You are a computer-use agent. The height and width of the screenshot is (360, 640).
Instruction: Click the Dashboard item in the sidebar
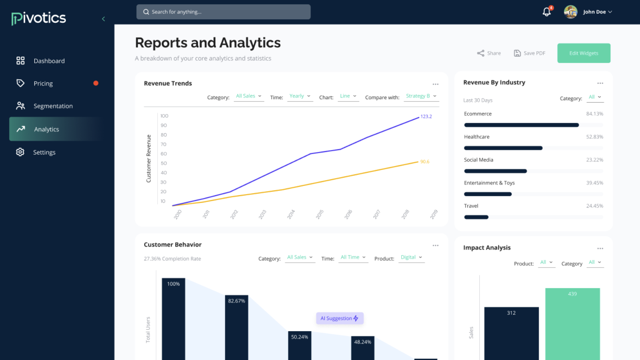[x=49, y=61]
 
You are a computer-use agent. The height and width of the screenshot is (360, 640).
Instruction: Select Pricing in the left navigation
[x=43, y=83]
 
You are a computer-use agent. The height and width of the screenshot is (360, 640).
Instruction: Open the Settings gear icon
[x=20, y=152]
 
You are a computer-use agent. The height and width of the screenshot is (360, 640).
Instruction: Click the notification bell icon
[x=546, y=12]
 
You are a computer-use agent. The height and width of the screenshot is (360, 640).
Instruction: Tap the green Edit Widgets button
[x=584, y=53]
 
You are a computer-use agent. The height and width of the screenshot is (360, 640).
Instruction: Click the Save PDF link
[x=530, y=53]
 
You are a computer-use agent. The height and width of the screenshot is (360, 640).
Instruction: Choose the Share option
[x=489, y=53]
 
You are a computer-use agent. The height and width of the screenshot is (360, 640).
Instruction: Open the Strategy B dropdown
[x=421, y=96]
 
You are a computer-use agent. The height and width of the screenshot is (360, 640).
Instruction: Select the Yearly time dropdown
[x=300, y=96]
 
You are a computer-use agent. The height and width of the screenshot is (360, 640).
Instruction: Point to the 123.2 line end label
[x=426, y=116]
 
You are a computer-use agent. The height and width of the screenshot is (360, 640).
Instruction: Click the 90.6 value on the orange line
[x=424, y=162]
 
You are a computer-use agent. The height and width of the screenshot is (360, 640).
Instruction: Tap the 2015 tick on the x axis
[x=320, y=214]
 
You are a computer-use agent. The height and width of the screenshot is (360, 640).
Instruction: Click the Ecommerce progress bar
[x=521, y=125]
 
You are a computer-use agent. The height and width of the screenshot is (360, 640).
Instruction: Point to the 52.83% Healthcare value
[x=594, y=137]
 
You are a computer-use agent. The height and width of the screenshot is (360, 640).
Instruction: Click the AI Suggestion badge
[x=340, y=318]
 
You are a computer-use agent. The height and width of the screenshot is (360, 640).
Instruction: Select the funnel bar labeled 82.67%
[x=236, y=328]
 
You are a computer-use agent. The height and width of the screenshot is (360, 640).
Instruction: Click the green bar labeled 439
[x=572, y=324]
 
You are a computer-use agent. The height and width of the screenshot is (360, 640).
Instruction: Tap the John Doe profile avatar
[x=570, y=12]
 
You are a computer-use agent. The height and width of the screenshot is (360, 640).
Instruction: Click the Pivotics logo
[x=39, y=18]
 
